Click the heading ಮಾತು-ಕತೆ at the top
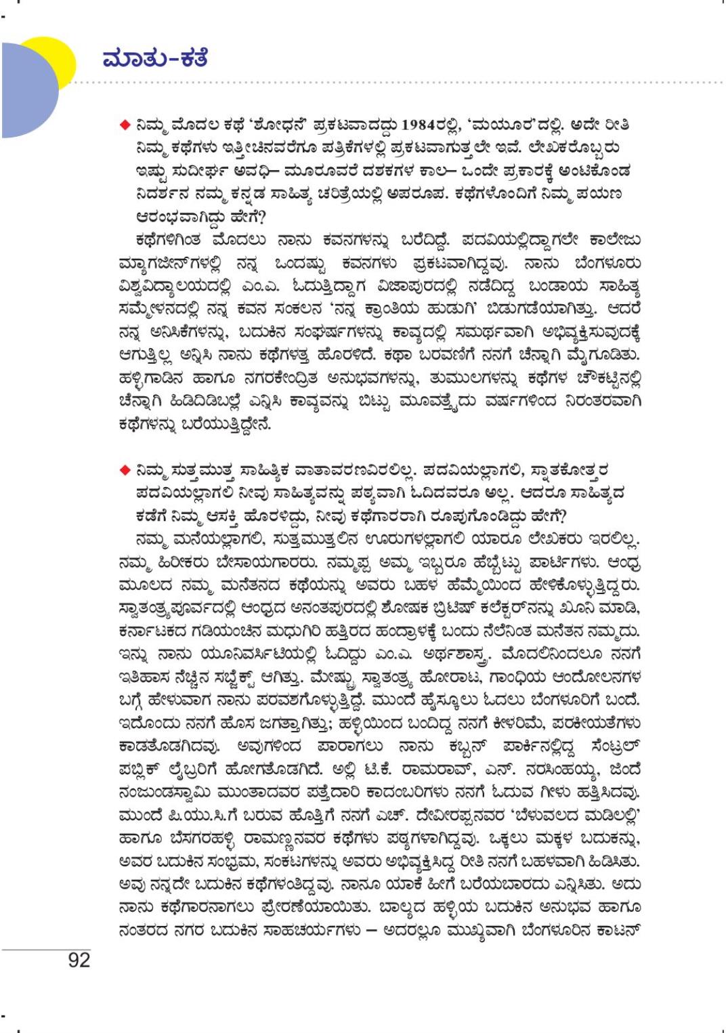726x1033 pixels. pyautogui.click(x=154, y=59)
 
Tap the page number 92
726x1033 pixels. pyautogui.click(x=79, y=959)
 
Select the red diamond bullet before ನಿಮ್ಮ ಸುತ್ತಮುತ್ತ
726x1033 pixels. pyautogui.click(x=124, y=470)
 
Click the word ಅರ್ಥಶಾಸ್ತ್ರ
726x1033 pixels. pyautogui.click(x=461, y=654)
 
